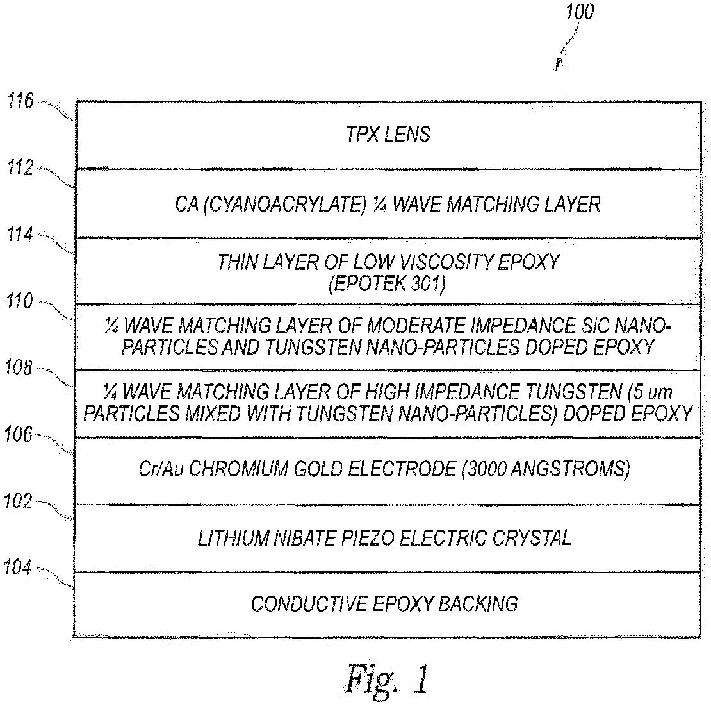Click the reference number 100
click(x=580, y=12)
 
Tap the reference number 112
click(x=20, y=168)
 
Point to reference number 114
click(x=19, y=235)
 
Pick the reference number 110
click(x=19, y=301)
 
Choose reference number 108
click(x=19, y=368)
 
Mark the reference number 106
click(x=18, y=435)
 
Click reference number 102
click(x=18, y=501)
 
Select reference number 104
click(x=18, y=567)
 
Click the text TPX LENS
click(x=388, y=135)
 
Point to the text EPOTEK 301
click(x=388, y=284)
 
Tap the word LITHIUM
click(x=229, y=538)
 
